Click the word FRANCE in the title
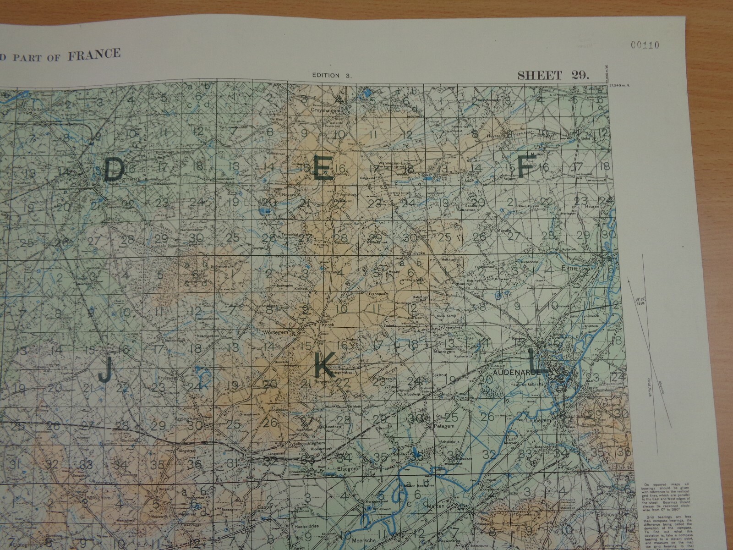[94, 55]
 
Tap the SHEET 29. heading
[553, 75]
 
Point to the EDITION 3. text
[332, 76]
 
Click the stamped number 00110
[645, 45]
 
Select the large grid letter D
[114, 169]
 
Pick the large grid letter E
[322, 169]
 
